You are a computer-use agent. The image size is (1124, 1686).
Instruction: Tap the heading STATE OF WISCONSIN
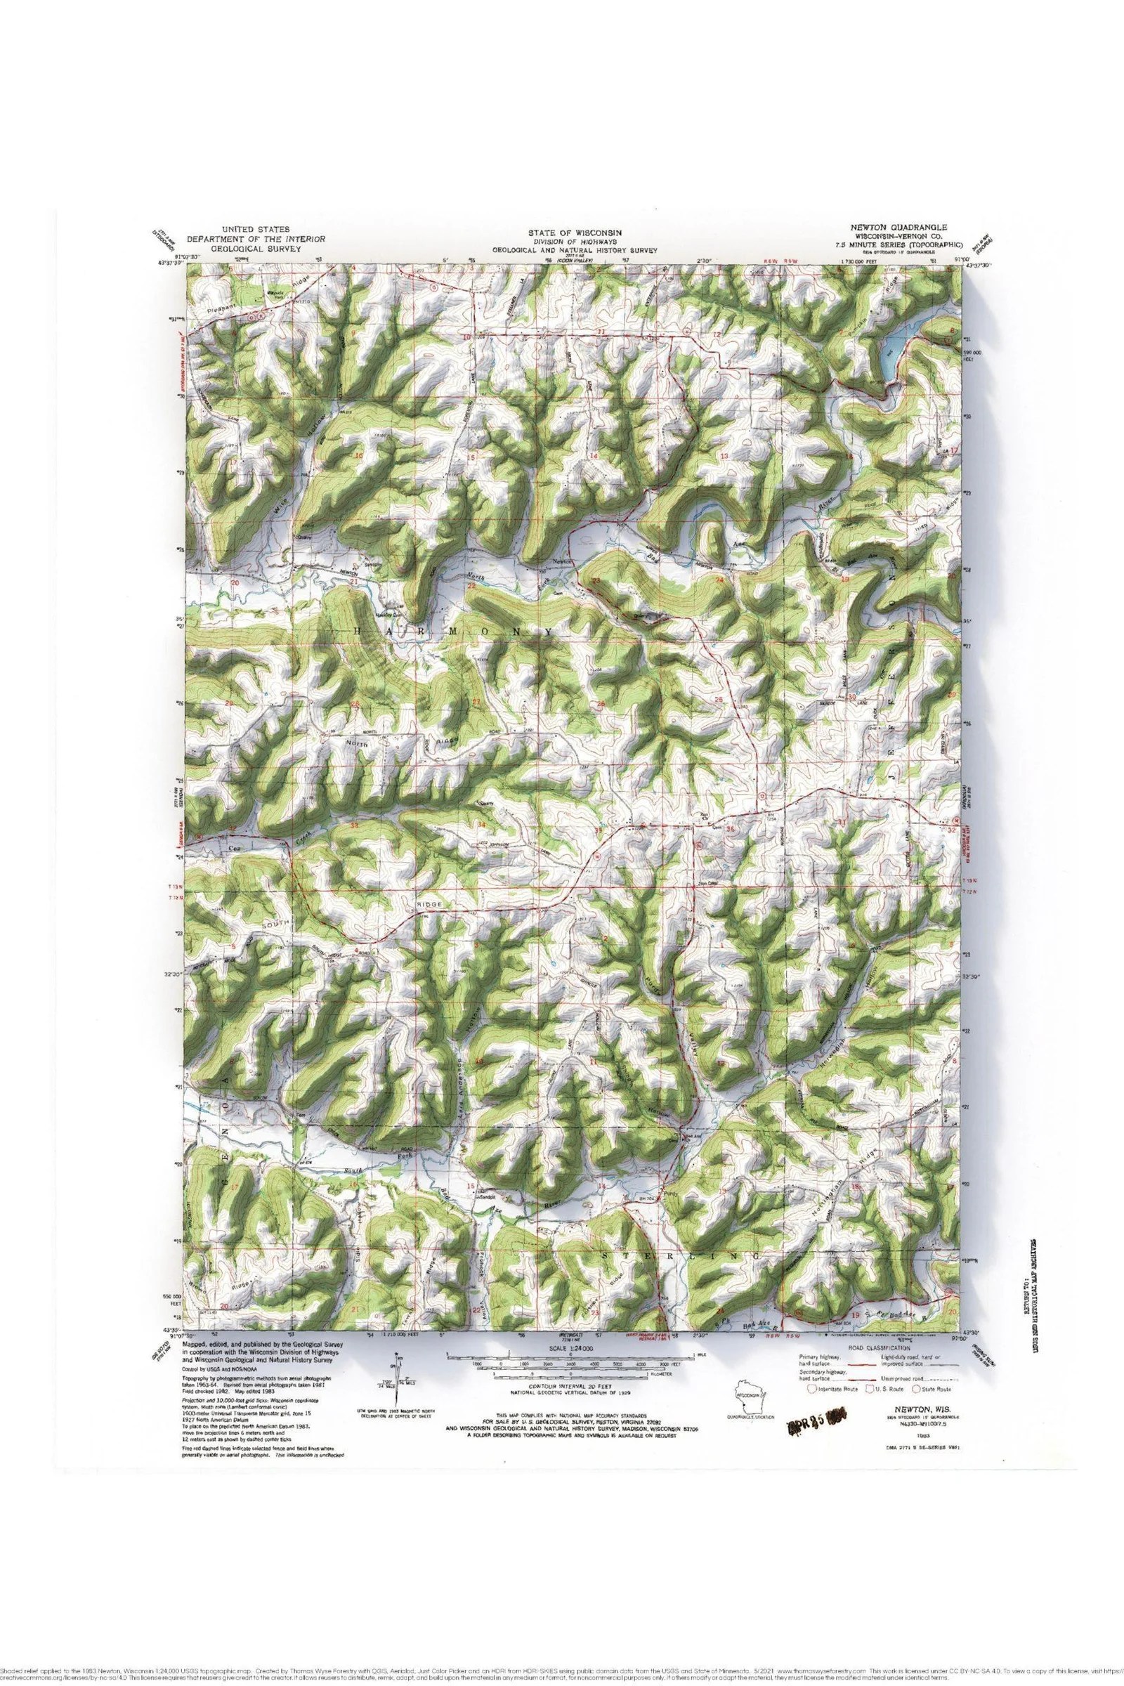tap(574, 233)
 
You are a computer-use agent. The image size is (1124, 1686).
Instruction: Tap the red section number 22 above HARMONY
tap(471, 587)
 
